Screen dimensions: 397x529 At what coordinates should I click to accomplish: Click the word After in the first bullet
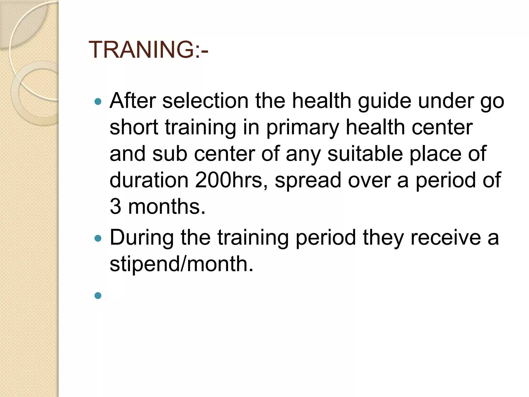click(x=133, y=101)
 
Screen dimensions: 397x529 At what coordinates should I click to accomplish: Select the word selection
click(x=205, y=101)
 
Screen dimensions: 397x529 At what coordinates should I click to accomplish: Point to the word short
click(x=134, y=127)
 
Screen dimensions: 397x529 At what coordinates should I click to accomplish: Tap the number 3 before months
click(x=115, y=207)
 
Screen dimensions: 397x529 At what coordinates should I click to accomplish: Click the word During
click(x=142, y=238)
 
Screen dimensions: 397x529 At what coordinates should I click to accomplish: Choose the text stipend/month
click(x=181, y=264)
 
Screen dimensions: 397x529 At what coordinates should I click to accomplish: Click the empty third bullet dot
click(x=98, y=295)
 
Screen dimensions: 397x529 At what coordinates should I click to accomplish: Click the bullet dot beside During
click(x=98, y=238)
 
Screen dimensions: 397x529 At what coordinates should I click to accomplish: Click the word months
click(x=166, y=207)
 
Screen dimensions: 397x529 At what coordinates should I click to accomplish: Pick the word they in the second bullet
click(x=383, y=238)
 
